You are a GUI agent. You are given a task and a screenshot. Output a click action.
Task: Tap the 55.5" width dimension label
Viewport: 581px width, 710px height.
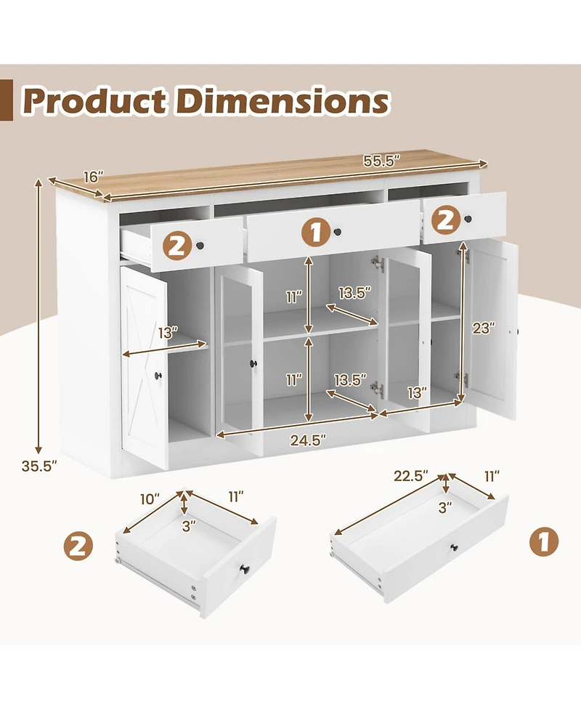tap(382, 161)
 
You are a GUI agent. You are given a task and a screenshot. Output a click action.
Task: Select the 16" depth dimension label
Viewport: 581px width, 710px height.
tap(94, 177)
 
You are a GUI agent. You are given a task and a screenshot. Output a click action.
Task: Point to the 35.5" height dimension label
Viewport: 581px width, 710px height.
tap(39, 466)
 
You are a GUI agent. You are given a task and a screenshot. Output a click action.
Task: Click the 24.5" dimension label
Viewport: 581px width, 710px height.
tap(308, 440)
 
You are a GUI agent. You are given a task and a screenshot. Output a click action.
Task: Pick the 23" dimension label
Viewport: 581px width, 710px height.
tap(484, 328)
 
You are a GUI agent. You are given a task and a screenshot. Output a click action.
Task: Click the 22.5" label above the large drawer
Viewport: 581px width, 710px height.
tap(411, 476)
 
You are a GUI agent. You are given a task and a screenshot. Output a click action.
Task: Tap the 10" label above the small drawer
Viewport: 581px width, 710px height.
tap(150, 499)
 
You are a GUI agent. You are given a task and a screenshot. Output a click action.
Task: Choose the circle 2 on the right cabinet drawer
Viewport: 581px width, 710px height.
tap(445, 221)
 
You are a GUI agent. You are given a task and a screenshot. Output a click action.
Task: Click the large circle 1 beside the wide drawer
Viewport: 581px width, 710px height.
tap(544, 541)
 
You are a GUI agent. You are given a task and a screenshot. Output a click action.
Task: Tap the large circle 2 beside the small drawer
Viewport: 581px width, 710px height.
tap(78, 546)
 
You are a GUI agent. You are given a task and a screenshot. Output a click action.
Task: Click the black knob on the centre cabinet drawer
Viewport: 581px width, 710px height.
tap(338, 232)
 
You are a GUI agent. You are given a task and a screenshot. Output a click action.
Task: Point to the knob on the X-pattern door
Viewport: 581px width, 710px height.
tap(158, 376)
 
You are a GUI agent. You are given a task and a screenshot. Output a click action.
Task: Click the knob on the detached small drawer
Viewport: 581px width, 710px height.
tap(244, 568)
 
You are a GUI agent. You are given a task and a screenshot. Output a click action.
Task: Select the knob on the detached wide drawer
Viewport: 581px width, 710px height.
tap(453, 547)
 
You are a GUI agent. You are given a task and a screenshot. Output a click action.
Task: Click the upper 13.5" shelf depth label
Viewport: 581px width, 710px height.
tap(354, 293)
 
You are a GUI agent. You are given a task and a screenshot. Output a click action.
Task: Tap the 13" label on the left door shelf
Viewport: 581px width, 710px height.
tap(168, 333)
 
